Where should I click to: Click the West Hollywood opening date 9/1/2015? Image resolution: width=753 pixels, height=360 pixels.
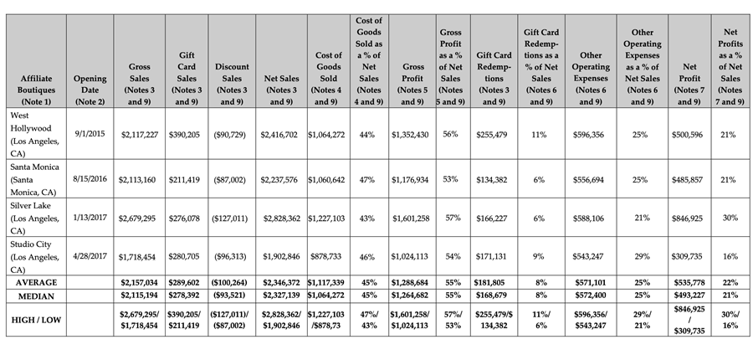click(90, 134)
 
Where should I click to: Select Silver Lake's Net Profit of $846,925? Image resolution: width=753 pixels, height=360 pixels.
click(689, 219)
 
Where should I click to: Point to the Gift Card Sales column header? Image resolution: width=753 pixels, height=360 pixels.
click(187, 79)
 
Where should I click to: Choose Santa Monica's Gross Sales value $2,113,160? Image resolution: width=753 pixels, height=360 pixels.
click(139, 180)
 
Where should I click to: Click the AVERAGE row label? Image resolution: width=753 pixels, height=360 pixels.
click(36, 282)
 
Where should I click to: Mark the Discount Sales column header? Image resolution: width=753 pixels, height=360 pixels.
click(232, 84)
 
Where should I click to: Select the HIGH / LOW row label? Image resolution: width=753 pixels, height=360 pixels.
click(36, 320)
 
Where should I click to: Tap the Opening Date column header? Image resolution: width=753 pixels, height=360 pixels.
click(90, 90)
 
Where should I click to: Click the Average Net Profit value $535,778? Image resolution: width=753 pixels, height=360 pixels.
click(689, 282)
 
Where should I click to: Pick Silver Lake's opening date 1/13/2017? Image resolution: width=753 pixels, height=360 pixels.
click(90, 217)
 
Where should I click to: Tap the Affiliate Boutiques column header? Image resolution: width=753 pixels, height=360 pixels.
click(36, 90)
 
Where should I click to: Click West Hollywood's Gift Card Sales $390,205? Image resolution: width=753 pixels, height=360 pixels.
click(187, 135)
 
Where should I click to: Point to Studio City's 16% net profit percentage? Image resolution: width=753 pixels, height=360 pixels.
click(730, 257)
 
